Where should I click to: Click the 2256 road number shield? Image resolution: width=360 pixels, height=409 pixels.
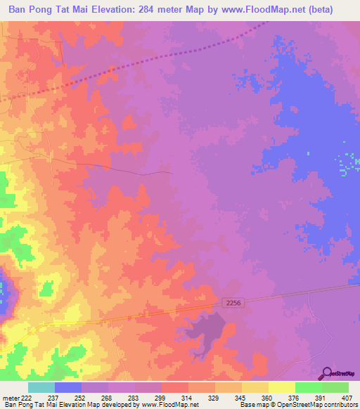point(236,301)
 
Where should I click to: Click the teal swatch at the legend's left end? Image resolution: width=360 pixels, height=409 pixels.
point(41,388)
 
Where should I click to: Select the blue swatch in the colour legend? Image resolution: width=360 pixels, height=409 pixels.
point(68,388)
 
